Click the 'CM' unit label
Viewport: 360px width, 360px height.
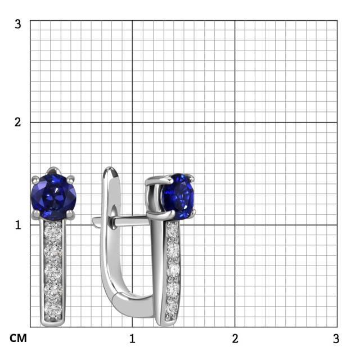(x=18, y=338)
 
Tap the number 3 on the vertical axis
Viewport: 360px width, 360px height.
(x=17, y=24)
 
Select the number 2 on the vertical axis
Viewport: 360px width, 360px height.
(x=17, y=122)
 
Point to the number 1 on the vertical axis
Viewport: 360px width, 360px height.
(x=18, y=225)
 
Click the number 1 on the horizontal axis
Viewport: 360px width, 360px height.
(x=132, y=339)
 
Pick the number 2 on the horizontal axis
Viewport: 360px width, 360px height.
(x=235, y=339)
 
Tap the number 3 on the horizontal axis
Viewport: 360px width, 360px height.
(x=336, y=339)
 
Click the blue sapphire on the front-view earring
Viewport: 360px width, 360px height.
(x=53, y=196)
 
